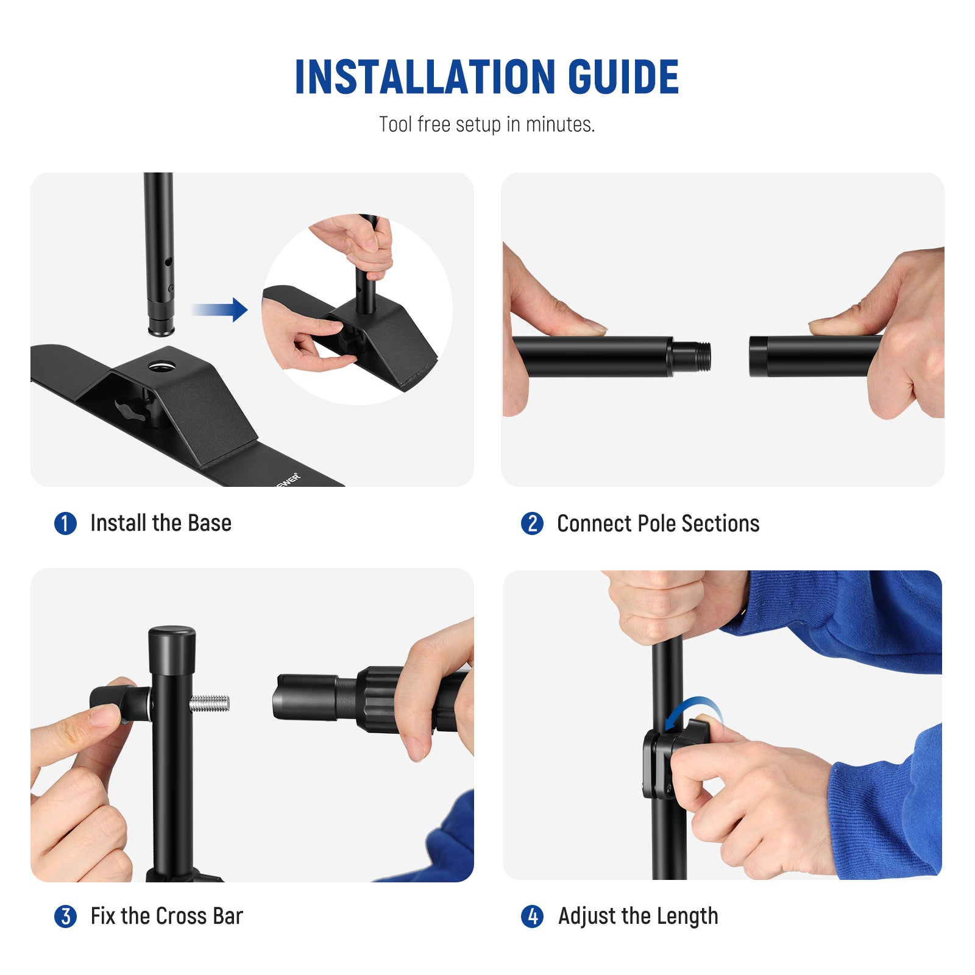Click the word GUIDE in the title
click(623, 77)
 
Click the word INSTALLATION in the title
click(425, 77)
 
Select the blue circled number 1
click(65, 523)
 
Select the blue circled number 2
click(532, 523)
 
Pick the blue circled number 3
click(65, 916)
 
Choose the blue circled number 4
click(532, 916)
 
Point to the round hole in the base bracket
click(161, 366)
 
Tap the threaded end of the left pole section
click(695, 356)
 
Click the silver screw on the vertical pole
click(209, 704)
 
